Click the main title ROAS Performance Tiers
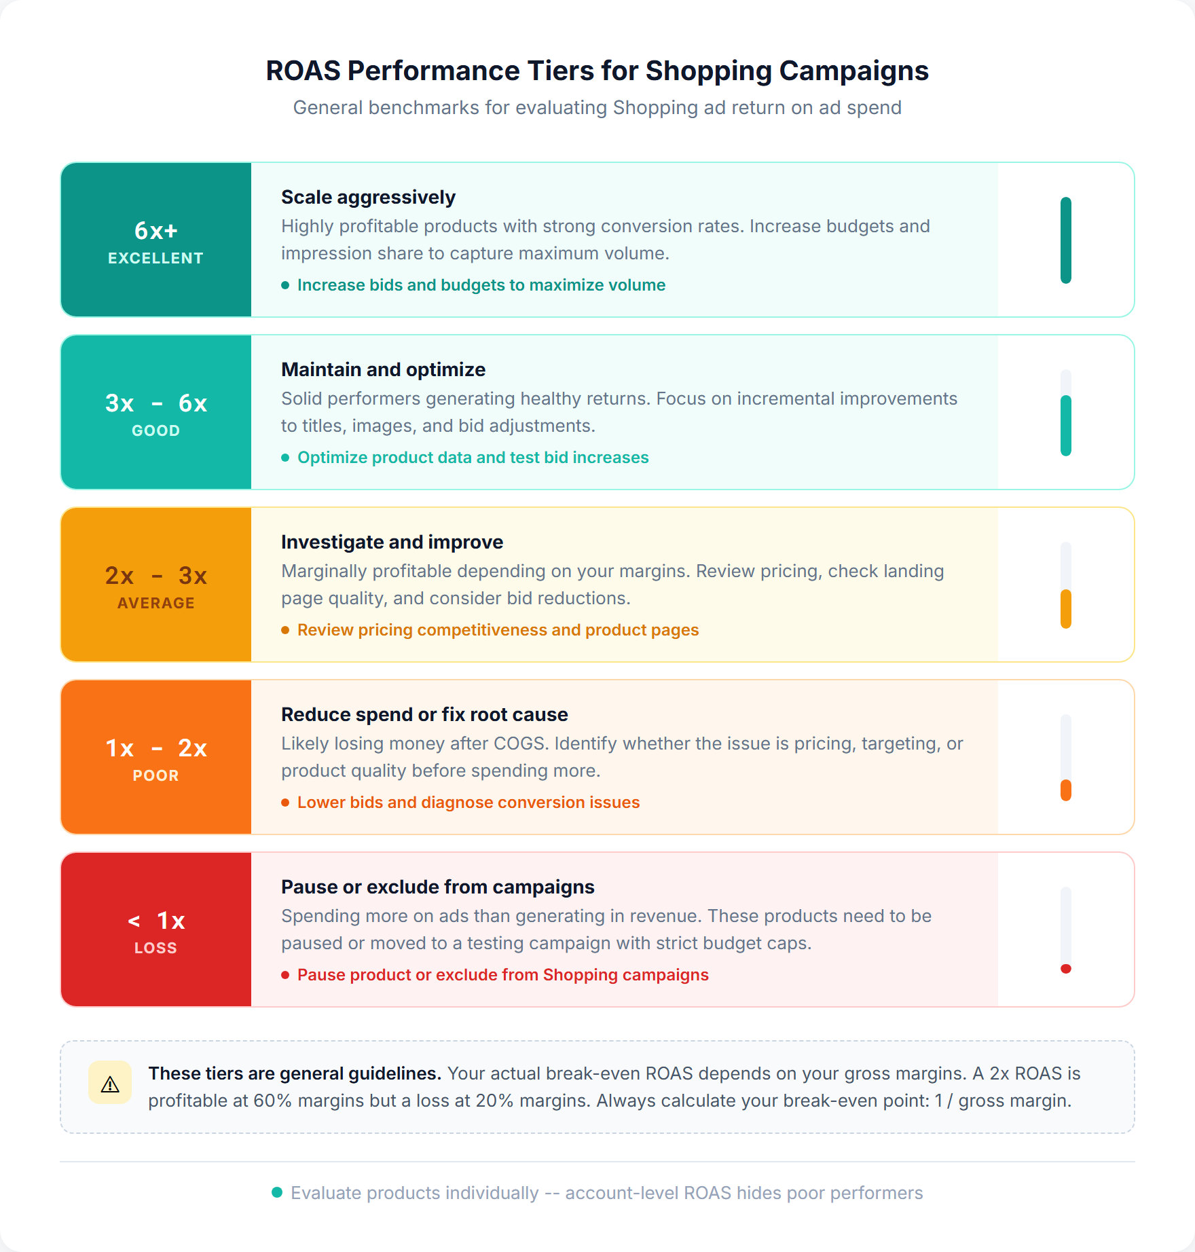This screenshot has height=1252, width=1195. click(x=597, y=71)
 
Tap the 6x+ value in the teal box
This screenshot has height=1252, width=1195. click(x=155, y=231)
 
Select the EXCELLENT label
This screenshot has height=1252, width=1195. click(x=155, y=258)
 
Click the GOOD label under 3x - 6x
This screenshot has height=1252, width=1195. click(x=155, y=430)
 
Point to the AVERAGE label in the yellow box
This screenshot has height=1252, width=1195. click(x=155, y=603)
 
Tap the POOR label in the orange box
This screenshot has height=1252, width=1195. click(x=155, y=775)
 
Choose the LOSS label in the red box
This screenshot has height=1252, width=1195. click(x=155, y=948)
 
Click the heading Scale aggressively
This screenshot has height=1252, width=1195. click(x=368, y=197)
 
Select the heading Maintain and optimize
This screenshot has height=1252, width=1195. click(x=383, y=369)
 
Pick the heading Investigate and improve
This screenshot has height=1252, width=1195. click(x=392, y=542)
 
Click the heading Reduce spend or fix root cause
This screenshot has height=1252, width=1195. click(x=424, y=714)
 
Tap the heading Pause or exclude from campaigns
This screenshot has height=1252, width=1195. click(x=437, y=887)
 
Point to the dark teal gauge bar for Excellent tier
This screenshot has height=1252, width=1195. click(x=1065, y=240)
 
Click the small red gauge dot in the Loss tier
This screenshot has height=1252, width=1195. click(x=1065, y=969)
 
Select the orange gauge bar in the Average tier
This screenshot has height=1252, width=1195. click(x=1065, y=608)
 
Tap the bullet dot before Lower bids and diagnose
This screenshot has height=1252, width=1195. click(x=285, y=803)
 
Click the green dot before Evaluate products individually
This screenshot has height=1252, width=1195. click(x=277, y=1192)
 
